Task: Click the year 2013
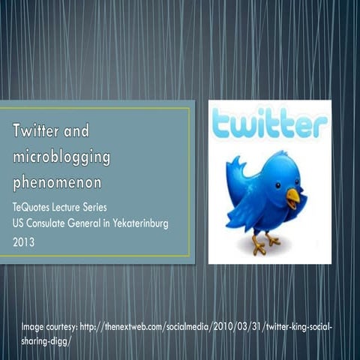coord(23,241)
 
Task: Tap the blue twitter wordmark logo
coord(268,124)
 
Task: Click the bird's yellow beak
coord(292,196)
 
